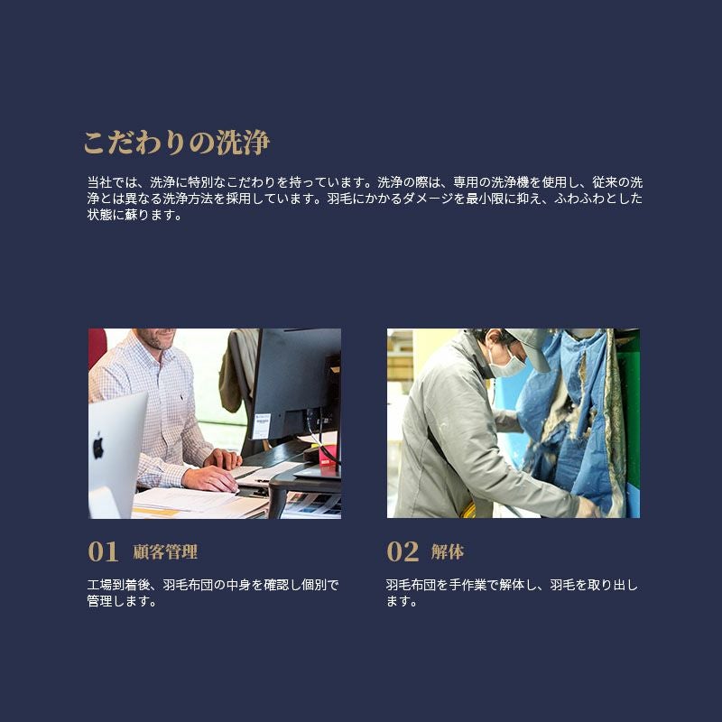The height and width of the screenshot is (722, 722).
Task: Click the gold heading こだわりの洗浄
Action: pyautogui.click(x=176, y=143)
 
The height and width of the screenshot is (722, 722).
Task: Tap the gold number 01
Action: pyautogui.click(x=103, y=551)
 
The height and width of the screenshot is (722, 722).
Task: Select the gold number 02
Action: pyautogui.click(x=403, y=551)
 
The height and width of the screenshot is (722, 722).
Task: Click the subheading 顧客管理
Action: pyautogui.click(x=165, y=551)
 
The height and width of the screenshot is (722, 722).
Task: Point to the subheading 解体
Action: pyautogui.click(x=448, y=551)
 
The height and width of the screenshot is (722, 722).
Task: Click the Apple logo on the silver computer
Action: pyautogui.click(x=98, y=446)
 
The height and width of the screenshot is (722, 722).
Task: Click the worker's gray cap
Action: pyautogui.click(x=530, y=346)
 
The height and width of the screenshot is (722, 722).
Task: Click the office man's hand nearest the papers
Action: pyautogui.click(x=210, y=479)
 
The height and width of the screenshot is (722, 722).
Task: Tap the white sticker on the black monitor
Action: pyautogui.click(x=262, y=426)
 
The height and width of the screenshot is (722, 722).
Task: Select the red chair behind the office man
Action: pyautogui.click(x=97, y=347)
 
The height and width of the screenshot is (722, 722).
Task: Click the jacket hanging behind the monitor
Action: pyautogui.click(x=237, y=371)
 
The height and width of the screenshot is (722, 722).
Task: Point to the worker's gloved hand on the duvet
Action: pyautogui.click(x=589, y=506)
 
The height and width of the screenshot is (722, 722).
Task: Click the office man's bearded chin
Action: pyautogui.click(x=159, y=343)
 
